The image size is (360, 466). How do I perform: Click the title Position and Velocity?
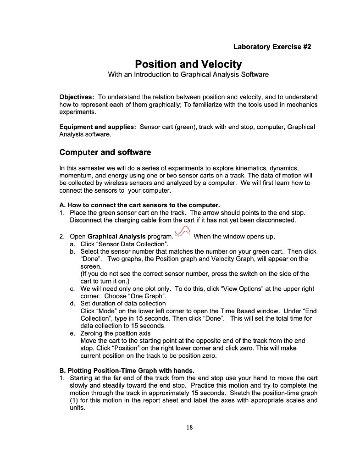coord(188,64)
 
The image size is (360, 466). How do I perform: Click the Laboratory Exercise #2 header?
coord(272,47)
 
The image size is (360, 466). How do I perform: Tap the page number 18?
coord(189,427)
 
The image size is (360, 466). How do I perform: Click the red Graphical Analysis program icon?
coord(183,232)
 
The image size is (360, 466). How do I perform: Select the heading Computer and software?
coord(105,152)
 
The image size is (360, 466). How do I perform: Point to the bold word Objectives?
coord(77,97)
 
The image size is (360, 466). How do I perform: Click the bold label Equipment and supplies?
coord(98,127)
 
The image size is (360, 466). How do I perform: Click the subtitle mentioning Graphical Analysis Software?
coord(188,75)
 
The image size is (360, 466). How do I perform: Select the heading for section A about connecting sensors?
coord(139,205)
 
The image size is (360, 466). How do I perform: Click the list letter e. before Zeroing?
coord(72,333)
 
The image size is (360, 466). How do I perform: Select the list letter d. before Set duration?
coord(72,304)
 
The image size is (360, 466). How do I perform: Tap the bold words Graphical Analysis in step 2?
coord(116,237)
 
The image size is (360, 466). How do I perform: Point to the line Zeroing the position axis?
coord(115,333)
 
